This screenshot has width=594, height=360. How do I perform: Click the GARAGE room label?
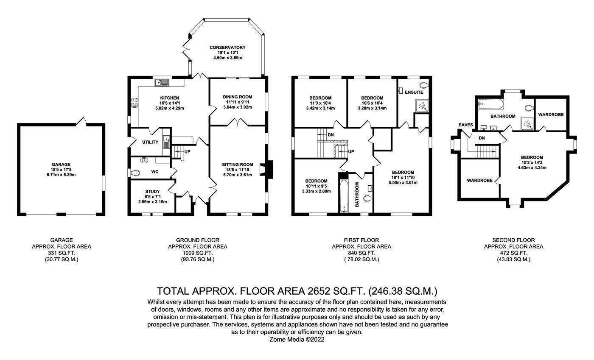coord(61,165)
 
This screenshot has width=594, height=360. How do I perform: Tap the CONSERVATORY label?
coord(227,47)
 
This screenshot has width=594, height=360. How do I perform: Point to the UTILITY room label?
coord(150,142)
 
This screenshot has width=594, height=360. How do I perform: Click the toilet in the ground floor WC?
coord(134,173)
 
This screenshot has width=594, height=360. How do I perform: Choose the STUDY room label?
coord(152,192)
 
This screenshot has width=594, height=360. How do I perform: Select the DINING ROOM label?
coord(238,97)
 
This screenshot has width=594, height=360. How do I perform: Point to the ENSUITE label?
coord(414,92)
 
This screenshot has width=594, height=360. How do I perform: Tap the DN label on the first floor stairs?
coord(331,135)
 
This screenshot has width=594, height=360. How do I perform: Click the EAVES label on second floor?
coord(466,125)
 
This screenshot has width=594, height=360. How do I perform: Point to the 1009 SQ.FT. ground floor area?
coord(197,253)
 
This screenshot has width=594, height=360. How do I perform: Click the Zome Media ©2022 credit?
coord(297,340)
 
